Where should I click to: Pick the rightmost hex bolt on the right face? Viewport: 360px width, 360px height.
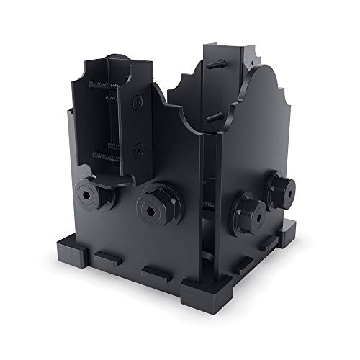[x=281, y=186]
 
